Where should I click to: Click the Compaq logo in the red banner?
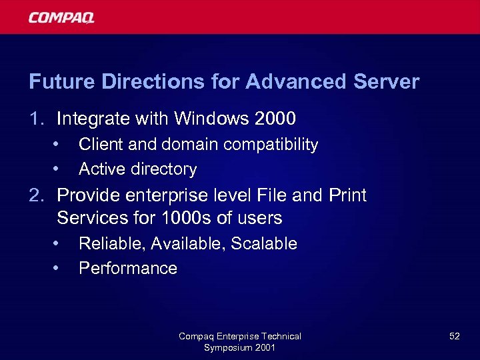click(61, 17)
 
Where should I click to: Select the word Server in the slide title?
click(387, 82)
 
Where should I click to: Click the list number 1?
click(35, 119)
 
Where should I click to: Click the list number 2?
click(36, 195)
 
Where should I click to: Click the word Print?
click(347, 195)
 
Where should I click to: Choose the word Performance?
click(128, 269)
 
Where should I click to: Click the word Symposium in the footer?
click(228, 347)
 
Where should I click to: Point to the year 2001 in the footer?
click(265, 347)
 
